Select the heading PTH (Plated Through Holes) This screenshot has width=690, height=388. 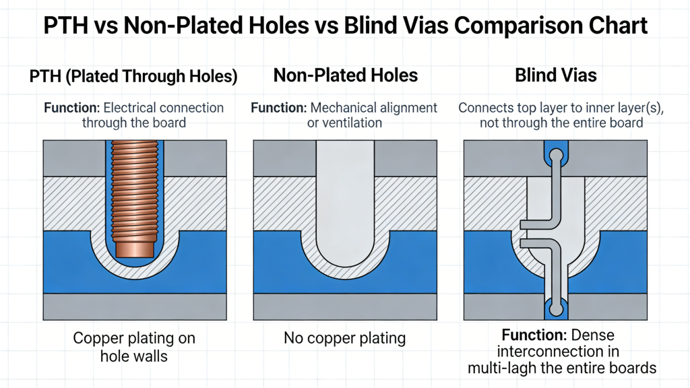pos(133,76)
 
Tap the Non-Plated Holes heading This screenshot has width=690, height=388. pos(345,75)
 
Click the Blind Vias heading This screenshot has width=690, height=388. pos(555,75)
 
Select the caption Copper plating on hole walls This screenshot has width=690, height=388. pos(133,346)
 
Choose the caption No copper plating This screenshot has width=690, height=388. pos(345,338)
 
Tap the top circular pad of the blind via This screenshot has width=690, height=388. pos(556,156)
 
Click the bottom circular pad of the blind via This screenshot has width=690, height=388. pos(556,309)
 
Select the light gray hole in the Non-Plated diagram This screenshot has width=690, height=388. pos(345,202)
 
